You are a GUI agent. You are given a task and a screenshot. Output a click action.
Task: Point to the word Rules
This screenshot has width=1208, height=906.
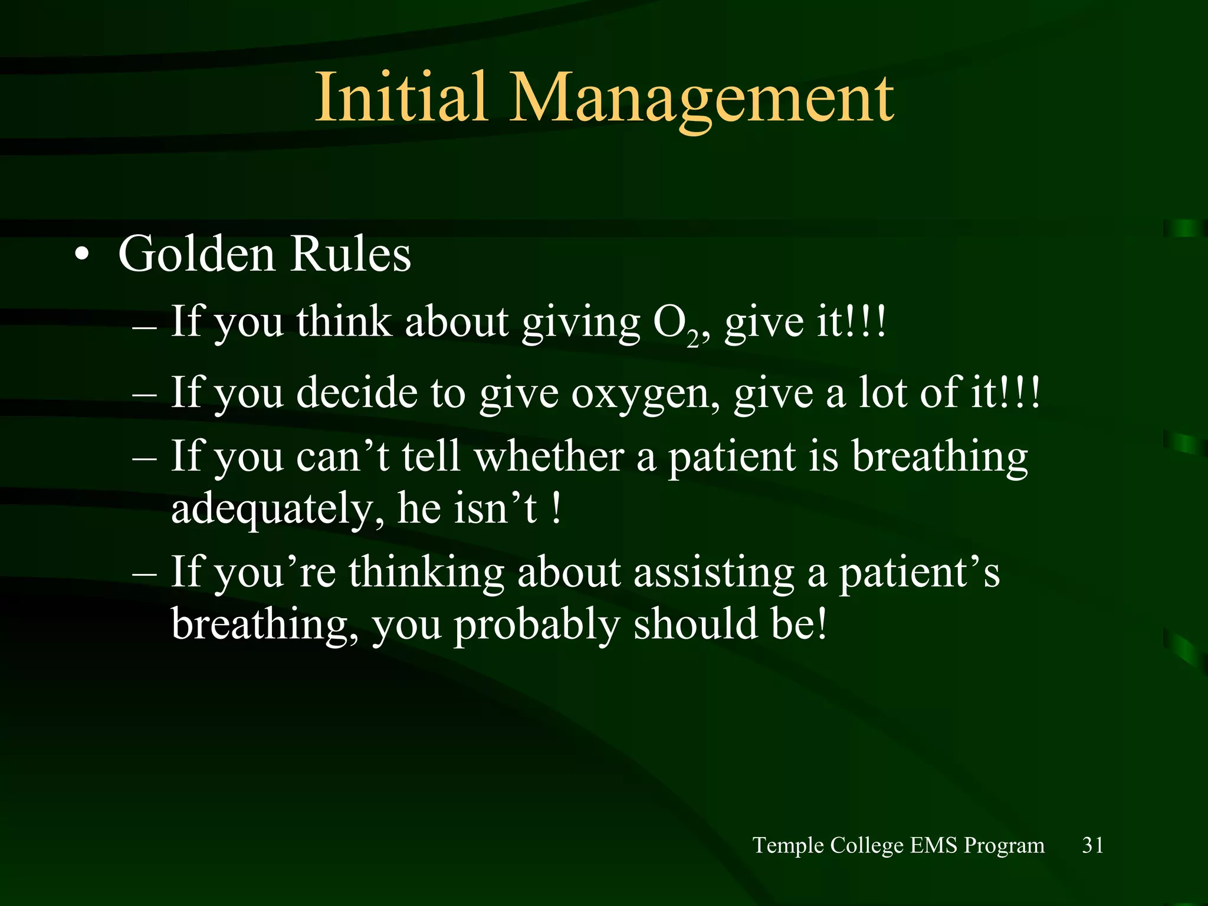point(351,255)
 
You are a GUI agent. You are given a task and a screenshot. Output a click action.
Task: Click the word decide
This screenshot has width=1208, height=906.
point(357,392)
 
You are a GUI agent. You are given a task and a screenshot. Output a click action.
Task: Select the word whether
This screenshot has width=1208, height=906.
point(549,457)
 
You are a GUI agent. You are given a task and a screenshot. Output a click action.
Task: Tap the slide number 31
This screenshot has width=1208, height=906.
point(1092,845)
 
